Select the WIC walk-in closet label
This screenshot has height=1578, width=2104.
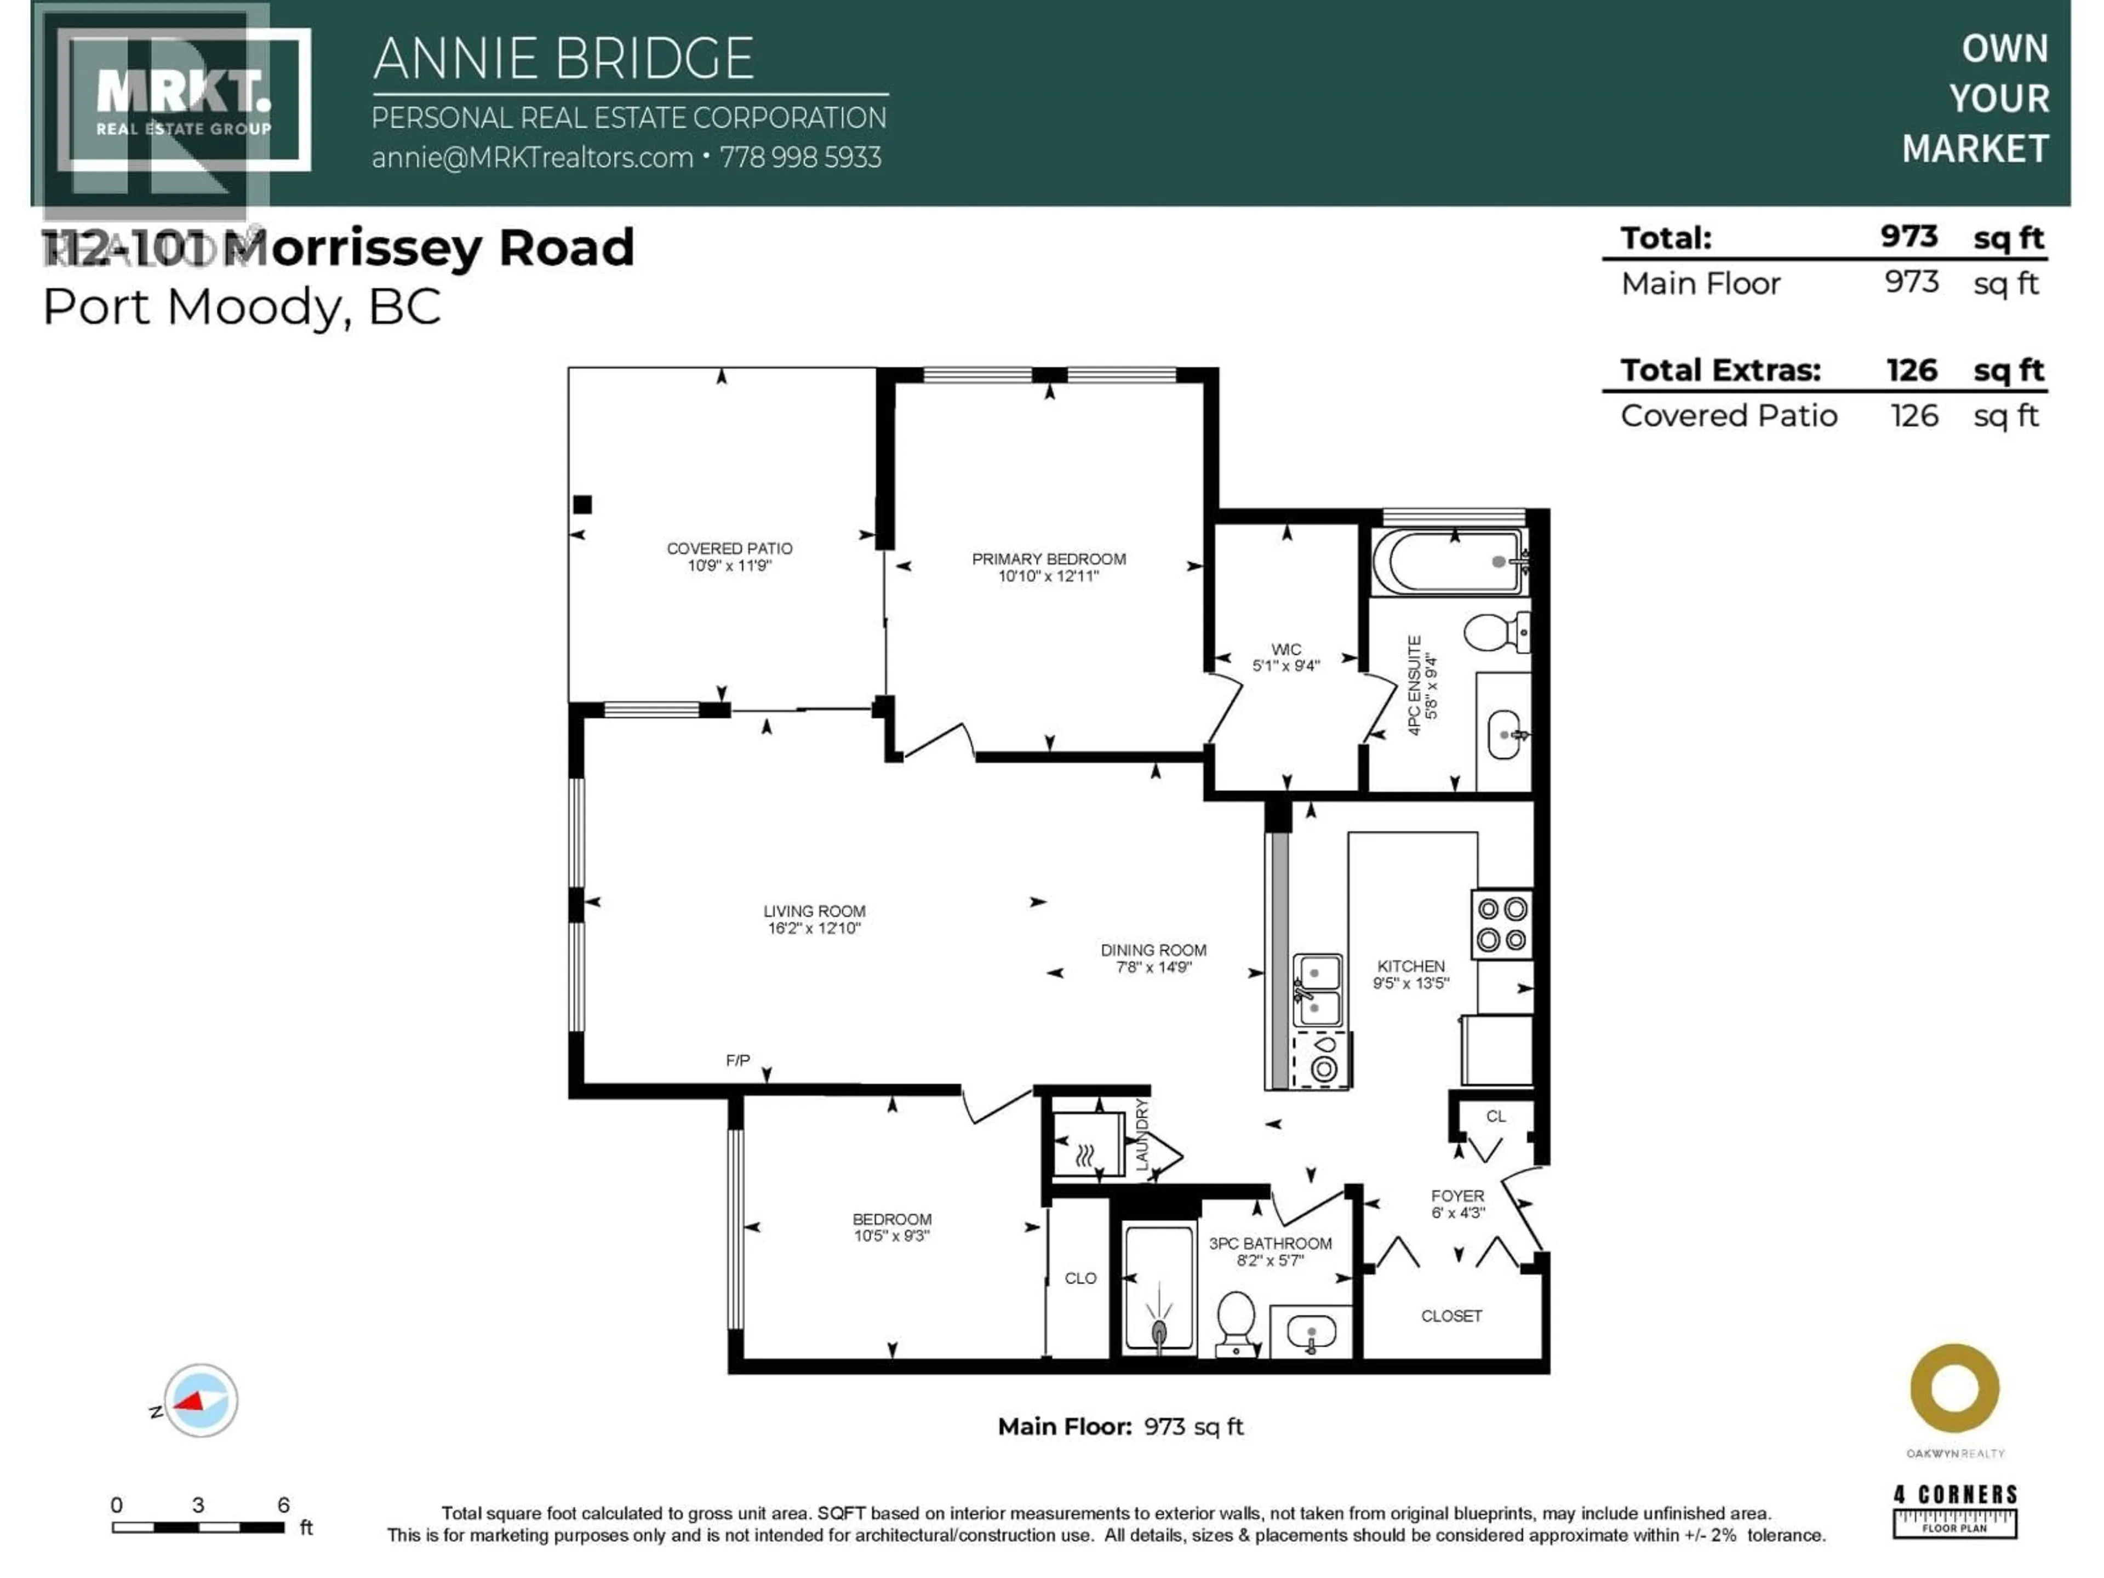click(x=1286, y=650)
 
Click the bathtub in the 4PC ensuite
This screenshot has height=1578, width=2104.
click(x=1449, y=562)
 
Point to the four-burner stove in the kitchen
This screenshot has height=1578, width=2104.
click(x=1502, y=924)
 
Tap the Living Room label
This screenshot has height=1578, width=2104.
click(x=814, y=911)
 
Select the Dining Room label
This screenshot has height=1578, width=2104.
click(x=1153, y=950)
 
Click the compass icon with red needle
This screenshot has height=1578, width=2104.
click(x=200, y=1400)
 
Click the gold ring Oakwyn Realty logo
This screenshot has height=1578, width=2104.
click(x=1954, y=1389)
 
